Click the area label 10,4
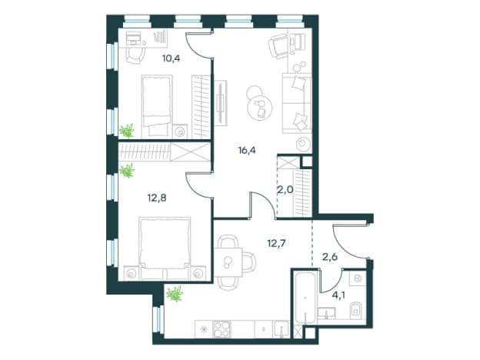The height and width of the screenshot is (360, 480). coord(171,58)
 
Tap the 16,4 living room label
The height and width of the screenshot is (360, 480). coord(247,150)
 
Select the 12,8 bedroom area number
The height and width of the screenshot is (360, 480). coord(157,198)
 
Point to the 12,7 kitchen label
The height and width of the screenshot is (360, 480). coord(277,243)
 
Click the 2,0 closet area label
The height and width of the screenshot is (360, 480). coord(285,190)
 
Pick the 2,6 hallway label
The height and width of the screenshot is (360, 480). coord(330,256)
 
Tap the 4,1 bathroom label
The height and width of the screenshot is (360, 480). coord(339,295)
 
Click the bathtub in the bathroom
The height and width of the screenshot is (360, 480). coord(305,298)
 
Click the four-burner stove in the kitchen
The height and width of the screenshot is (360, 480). coord(222,329)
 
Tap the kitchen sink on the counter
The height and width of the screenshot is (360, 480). coord(282,329)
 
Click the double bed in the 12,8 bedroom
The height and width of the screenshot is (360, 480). coord(165,248)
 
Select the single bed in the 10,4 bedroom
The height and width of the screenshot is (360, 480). coord(156,106)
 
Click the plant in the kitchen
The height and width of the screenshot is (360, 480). coord(175,294)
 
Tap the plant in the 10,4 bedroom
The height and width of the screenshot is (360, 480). coord(127,131)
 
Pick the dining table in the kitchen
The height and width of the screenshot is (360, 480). coord(228,262)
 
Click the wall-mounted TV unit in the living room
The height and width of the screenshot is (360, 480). coord(221,103)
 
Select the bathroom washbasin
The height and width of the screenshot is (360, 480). coord(326,314)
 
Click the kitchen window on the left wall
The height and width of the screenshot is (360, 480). coord(158,320)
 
